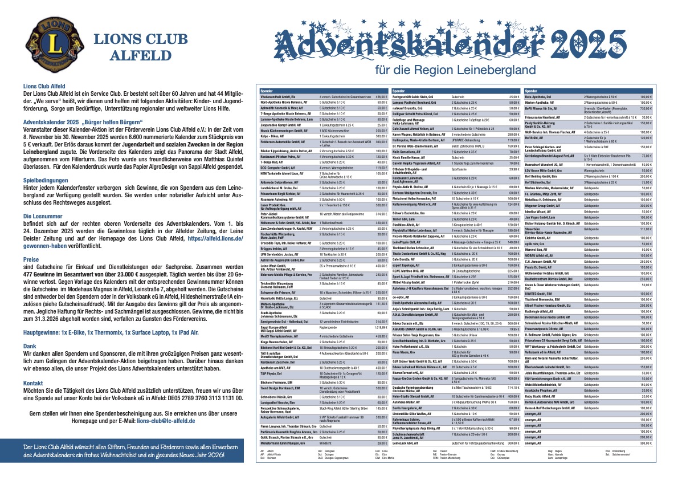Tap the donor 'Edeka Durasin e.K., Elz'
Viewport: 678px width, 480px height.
click(x=414, y=323)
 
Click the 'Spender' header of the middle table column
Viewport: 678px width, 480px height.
click(x=399, y=91)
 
